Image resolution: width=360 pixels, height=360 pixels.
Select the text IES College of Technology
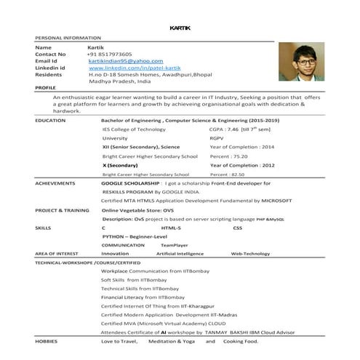pos(134,129)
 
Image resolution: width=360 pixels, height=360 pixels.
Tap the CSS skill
pos(237,228)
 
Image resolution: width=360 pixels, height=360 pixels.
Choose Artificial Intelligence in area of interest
pos(180,254)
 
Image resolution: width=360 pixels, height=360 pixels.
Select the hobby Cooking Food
pos(241,340)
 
